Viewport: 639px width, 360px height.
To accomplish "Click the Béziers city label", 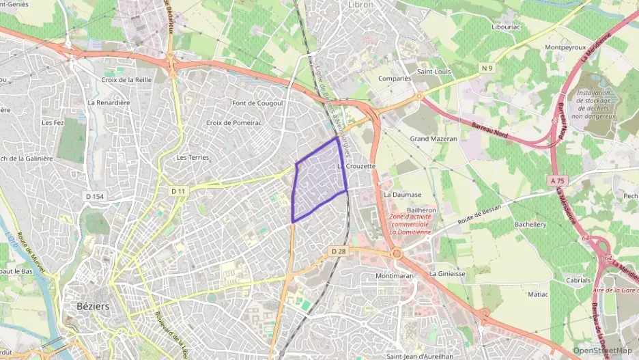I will [x=89, y=307].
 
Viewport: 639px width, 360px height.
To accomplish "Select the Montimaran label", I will [x=395, y=276].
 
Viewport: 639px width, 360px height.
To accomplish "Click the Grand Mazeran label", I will [x=434, y=139].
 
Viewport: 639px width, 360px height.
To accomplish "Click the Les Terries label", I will [x=193, y=157].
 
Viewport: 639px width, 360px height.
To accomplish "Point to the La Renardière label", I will [x=109, y=102].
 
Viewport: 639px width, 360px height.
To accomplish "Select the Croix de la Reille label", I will [x=126, y=80].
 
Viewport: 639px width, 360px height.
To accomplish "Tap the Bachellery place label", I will [x=530, y=224].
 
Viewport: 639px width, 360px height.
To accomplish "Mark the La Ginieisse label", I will [x=447, y=274].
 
